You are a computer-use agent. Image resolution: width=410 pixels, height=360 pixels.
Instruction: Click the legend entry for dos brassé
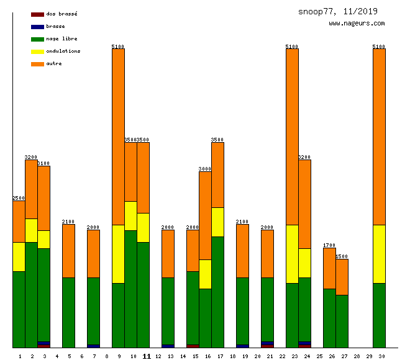tap(61, 14)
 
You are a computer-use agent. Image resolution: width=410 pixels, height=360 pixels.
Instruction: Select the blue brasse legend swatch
tap(37, 27)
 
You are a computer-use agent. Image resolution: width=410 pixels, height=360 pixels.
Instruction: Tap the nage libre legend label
tap(61, 38)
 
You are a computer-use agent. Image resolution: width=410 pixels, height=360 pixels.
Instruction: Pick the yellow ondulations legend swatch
tap(37, 52)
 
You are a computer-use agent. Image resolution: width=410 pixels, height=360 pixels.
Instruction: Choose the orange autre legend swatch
tap(37, 64)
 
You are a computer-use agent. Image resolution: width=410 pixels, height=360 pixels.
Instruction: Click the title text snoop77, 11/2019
tap(337, 11)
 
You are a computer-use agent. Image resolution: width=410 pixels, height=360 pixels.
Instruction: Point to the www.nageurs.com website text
tap(357, 24)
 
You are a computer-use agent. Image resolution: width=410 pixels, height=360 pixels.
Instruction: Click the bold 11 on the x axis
tap(147, 356)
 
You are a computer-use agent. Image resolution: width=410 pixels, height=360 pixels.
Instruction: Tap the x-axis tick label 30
tap(381, 356)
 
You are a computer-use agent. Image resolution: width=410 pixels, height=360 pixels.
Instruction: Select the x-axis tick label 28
tap(357, 356)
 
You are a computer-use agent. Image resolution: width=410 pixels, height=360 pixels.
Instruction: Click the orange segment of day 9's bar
tap(118, 137)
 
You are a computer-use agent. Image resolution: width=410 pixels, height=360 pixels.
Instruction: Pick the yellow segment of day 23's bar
tap(292, 254)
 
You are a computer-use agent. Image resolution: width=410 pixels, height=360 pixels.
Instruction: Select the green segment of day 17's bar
tap(217, 292)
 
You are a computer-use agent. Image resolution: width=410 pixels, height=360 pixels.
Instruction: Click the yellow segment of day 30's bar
tap(379, 254)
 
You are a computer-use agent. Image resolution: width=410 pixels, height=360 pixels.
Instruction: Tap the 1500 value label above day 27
tap(342, 256)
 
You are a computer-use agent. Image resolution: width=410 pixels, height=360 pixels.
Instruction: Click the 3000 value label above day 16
tap(205, 169)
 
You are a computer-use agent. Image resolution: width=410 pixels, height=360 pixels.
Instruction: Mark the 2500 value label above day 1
tap(19, 198)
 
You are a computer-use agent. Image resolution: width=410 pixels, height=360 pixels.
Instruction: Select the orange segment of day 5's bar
tap(68, 251)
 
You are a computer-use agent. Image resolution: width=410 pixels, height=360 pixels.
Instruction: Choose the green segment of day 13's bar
tap(168, 310)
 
